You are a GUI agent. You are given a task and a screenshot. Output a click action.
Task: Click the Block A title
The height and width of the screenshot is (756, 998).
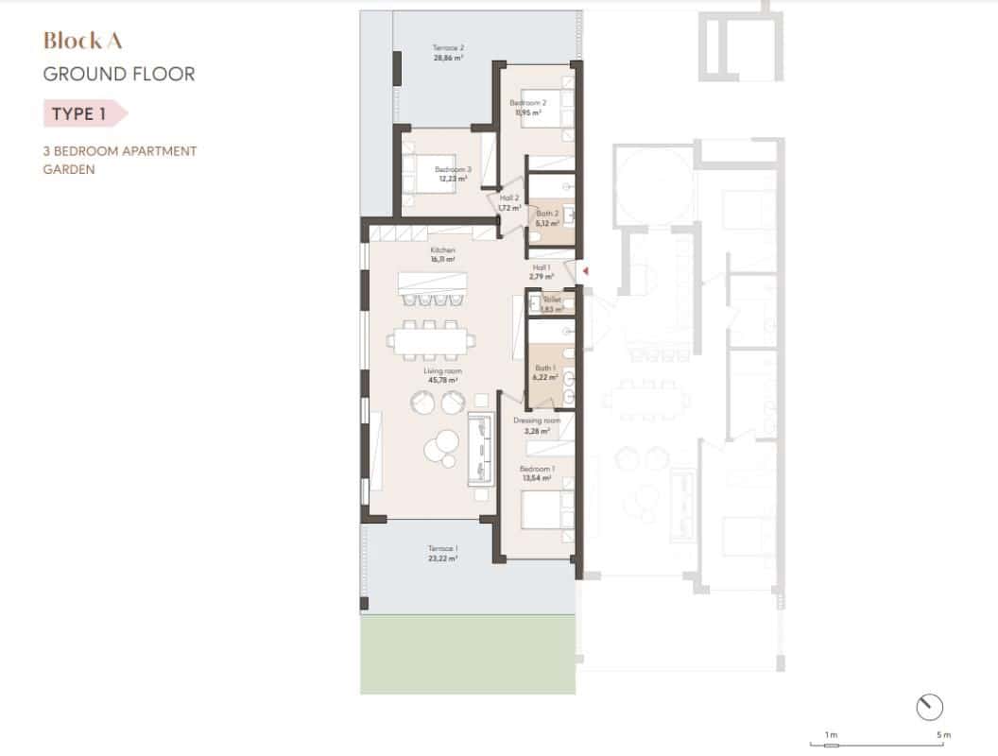pos(83,41)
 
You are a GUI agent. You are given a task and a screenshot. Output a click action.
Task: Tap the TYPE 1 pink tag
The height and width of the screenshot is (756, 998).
pos(79,114)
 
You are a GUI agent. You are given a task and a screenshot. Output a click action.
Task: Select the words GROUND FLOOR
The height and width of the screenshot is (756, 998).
pos(119,74)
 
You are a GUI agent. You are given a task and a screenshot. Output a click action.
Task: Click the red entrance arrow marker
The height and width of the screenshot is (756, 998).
pos(586,272)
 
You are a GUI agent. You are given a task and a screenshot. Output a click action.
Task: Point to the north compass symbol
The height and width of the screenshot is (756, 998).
pos(930,706)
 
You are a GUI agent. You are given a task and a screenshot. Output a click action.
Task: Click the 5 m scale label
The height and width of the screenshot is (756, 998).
pos(944,734)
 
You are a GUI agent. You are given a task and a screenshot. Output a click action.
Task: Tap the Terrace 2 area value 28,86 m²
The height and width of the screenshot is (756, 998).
pos(448,58)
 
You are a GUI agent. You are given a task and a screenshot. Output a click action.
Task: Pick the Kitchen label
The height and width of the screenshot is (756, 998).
pos(443,250)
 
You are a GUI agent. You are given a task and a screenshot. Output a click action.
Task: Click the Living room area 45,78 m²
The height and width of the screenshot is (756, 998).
pos(442,380)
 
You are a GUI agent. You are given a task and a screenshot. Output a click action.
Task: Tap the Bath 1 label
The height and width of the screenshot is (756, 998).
pos(544,368)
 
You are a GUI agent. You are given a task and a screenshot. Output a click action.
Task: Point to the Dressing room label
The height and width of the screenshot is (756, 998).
pos(537,421)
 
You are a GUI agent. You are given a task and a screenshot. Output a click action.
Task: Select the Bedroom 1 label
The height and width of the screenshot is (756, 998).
pos(537,469)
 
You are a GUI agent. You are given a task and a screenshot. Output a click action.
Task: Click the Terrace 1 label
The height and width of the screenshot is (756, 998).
pos(442,549)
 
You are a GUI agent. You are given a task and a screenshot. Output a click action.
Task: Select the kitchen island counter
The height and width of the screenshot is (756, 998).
pos(433,282)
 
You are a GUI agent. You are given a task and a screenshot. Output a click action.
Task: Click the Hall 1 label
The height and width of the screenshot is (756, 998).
pos(542,267)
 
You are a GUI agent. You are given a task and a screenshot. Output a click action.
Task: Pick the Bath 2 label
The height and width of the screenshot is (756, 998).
pos(547,214)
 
